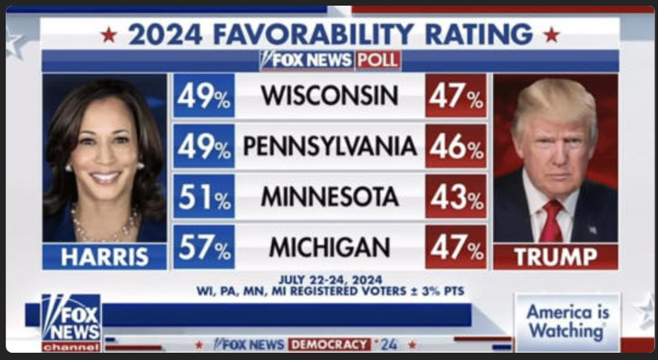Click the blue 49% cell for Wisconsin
pos(204,96)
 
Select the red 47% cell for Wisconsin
pos(456,96)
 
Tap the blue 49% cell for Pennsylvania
pos(204,146)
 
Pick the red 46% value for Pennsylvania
pos(456,146)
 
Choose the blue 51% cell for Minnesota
pos(204,197)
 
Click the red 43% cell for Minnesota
pos(456,197)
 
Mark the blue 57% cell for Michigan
pos(204,247)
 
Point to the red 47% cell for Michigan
pos(456,247)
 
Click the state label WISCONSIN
pos(329,96)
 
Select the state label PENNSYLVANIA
pos(330,146)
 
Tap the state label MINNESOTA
pos(329,197)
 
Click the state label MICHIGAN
pos(329,247)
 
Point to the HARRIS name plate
pos(105,257)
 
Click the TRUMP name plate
pos(555,257)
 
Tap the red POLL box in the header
pos(378,61)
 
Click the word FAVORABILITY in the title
pos(304,34)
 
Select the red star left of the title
pos(108,35)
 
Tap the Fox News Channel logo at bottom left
pos(71,322)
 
